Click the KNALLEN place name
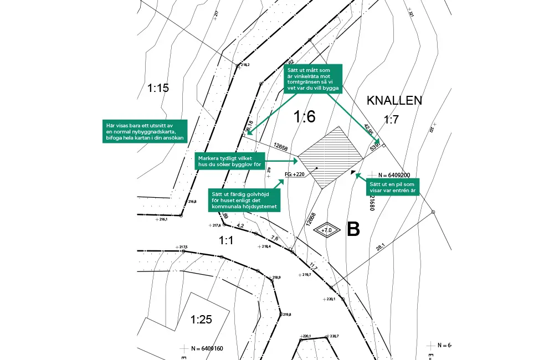coord(394,100)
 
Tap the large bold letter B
coord(353,229)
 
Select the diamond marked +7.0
coord(327,229)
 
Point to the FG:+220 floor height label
coord(295,174)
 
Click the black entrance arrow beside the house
coord(353,172)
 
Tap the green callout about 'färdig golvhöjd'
coord(244,199)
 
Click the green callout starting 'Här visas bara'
coord(144,132)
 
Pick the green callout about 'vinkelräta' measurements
coord(313,78)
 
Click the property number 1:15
coord(158,88)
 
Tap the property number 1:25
coord(201,319)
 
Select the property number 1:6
coord(304,117)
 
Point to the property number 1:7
coord(391,120)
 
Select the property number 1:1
coord(225,240)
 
